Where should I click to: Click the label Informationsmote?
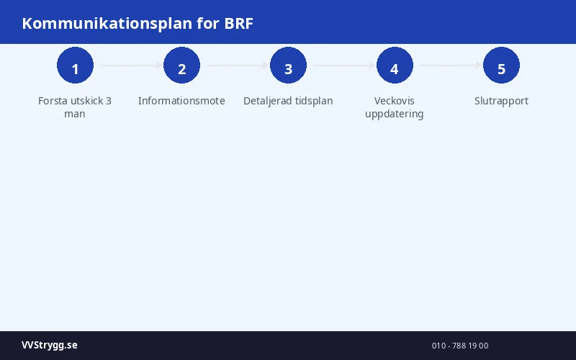[181, 101]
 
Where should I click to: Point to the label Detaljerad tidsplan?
[288, 101]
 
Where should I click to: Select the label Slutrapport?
[501, 101]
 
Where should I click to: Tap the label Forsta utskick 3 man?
[75, 107]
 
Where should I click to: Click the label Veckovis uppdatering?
[395, 107]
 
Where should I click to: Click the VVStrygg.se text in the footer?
[50, 346]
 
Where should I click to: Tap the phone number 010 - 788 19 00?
[460, 346]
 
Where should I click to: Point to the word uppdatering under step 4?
[395, 114]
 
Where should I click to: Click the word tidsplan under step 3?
[311, 101]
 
